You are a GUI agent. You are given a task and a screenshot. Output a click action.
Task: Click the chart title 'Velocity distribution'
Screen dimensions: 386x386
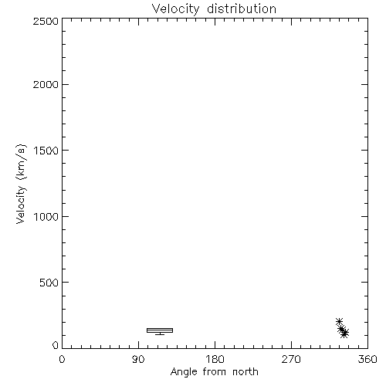click(214, 8)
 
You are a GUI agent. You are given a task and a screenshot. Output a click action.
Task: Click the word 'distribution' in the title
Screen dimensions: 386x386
click(242, 8)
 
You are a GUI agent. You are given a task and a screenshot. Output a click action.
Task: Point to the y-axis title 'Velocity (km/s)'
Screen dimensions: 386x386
click(21, 184)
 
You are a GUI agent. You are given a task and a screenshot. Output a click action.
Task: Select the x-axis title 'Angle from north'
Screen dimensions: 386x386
click(215, 372)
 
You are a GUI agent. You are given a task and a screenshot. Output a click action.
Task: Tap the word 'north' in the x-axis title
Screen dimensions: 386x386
click(245, 372)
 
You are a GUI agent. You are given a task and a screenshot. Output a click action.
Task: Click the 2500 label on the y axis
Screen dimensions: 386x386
click(46, 21)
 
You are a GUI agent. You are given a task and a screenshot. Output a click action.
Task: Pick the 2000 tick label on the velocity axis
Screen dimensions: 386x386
click(46, 84)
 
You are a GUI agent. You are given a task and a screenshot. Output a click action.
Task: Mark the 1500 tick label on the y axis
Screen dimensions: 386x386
click(46, 151)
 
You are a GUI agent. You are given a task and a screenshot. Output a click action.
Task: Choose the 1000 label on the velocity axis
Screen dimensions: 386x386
click(46, 217)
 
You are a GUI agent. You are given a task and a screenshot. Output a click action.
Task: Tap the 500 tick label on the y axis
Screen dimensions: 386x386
click(49, 283)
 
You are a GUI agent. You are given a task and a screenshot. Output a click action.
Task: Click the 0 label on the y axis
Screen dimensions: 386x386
click(56, 345)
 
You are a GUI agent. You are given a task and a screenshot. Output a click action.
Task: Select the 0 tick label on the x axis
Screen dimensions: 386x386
click(62, 359)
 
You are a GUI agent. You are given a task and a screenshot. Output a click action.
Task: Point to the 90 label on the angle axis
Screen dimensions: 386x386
click(138, 359)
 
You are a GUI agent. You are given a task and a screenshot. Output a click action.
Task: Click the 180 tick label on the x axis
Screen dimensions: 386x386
click(215, 359)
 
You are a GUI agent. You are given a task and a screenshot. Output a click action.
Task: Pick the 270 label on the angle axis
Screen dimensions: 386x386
click(291, 359)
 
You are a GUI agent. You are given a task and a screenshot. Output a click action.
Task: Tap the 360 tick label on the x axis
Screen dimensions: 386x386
click(367, 359)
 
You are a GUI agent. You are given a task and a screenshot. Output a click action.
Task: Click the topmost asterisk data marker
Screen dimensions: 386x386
click(339, 321)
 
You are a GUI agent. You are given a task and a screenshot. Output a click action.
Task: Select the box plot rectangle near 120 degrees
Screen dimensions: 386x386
click(160, 328)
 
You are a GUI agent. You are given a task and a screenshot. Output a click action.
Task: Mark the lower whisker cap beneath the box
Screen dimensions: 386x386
click(160, 334)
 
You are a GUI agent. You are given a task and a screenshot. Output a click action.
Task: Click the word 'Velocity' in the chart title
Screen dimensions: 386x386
click(175, 9)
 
